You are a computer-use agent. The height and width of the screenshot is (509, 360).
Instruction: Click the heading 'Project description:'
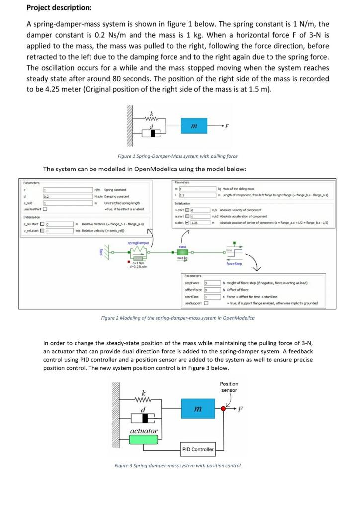(x=59, y=8)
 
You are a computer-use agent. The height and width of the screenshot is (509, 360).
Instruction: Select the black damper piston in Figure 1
(x=154, y=134)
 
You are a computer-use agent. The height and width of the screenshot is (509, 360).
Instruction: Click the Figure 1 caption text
(x=178, y=156)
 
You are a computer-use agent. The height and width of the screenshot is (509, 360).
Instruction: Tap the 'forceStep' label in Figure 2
(x=233, y=264)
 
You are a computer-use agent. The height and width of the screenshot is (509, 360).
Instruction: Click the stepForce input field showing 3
(x=205, y=282)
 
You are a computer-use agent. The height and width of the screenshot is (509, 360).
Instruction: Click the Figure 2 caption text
(x=178, y=318)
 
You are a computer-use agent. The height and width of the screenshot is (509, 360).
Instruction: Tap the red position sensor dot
(x=225, y=409)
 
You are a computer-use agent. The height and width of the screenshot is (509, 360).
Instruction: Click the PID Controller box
(x=198, y=449)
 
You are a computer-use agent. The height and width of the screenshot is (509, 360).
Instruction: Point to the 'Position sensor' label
(x=229, y=387)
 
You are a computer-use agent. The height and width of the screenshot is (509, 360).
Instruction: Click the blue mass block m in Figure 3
(x=198, y=409)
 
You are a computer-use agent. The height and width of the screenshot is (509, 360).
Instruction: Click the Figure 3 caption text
(x=178, y=466)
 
